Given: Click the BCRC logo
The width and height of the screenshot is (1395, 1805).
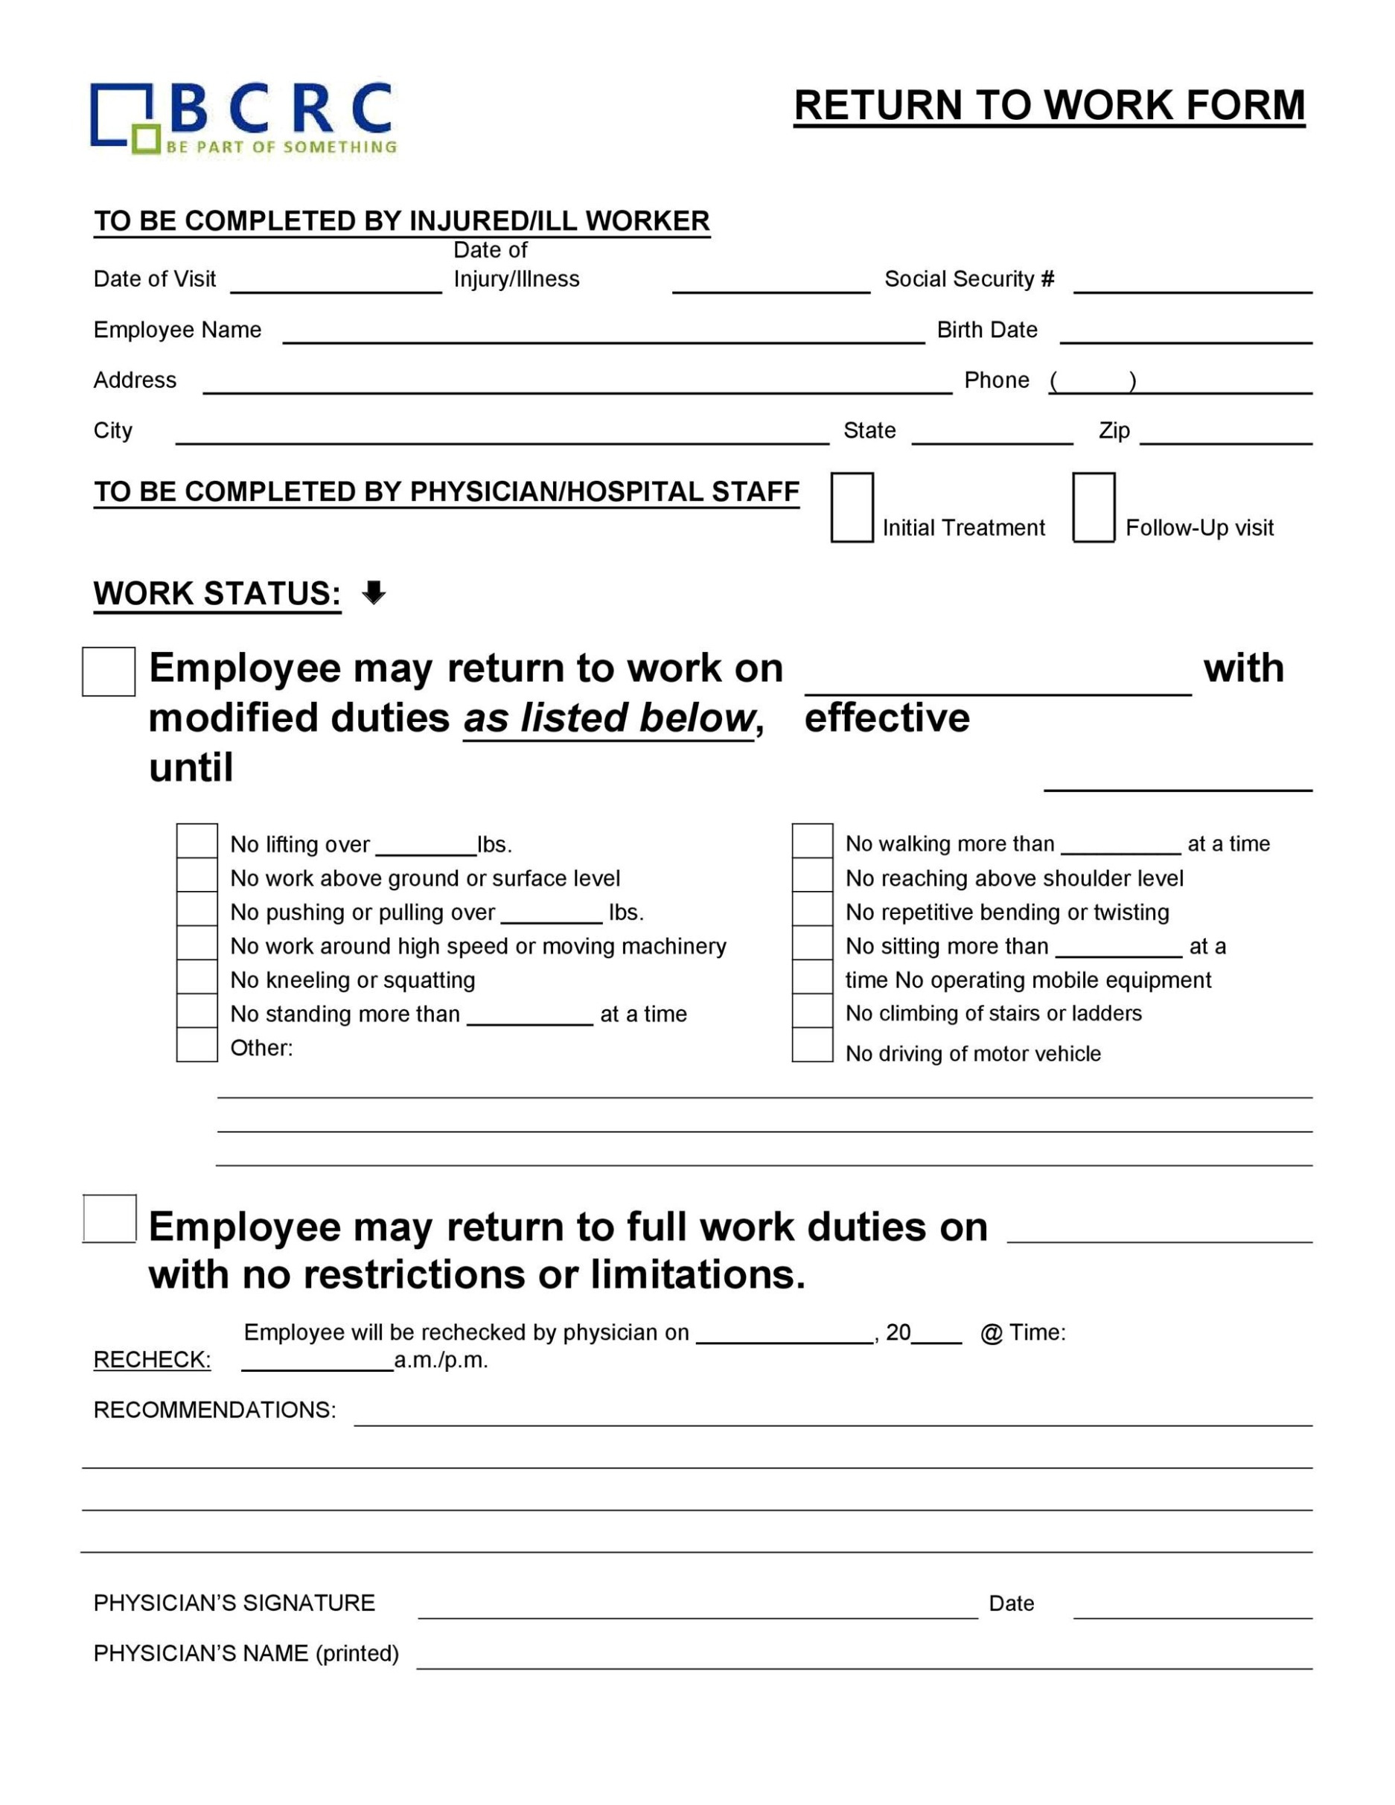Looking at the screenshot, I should click(243, 118).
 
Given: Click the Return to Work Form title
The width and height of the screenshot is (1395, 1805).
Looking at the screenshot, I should click(1049, 106).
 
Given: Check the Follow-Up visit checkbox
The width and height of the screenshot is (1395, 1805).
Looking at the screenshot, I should click(1094, 508).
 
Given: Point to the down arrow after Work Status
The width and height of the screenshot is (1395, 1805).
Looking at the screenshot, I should click(374, 592).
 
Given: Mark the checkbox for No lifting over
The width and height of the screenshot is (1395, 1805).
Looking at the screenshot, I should click(197, 840).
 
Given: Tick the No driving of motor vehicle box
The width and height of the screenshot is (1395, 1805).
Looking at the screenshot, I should click(811, 1044).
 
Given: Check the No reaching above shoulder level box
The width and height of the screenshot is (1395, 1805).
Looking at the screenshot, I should click(811, 875).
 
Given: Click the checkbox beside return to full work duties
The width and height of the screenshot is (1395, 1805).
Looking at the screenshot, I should click(109, 1218).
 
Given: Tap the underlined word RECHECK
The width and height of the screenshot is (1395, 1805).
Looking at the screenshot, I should click(152, 1360).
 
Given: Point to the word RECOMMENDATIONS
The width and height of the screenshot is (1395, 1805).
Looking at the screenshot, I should click(215, 1410).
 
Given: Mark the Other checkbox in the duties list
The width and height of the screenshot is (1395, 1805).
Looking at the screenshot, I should click(197, 1044).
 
